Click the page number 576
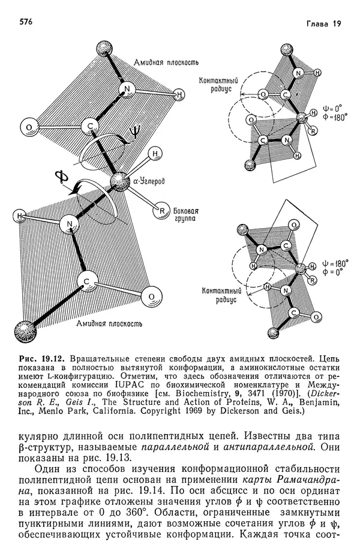(26, 22)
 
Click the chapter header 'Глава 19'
(323, 23)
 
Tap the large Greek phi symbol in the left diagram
(61, 178)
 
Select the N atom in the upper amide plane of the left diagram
(127, 90)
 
